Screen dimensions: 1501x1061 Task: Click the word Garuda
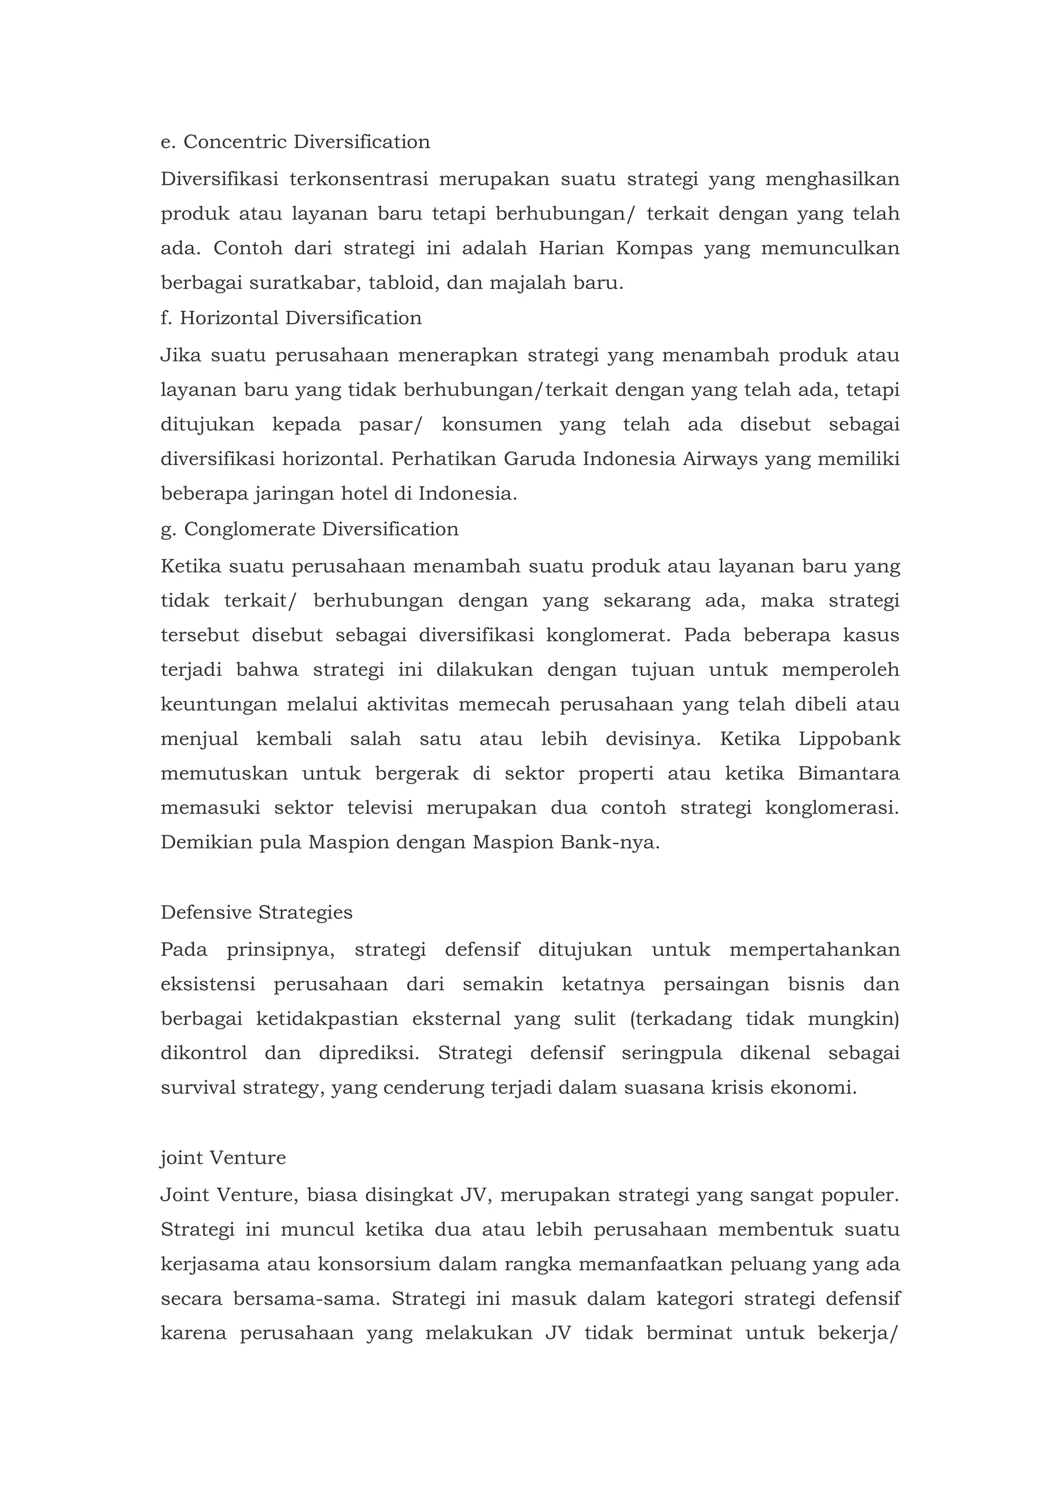[539, 459]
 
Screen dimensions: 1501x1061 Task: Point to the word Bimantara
[849, 773]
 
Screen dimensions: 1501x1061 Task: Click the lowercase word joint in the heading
[180, 1158]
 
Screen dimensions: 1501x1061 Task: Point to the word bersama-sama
[307, 1299]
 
